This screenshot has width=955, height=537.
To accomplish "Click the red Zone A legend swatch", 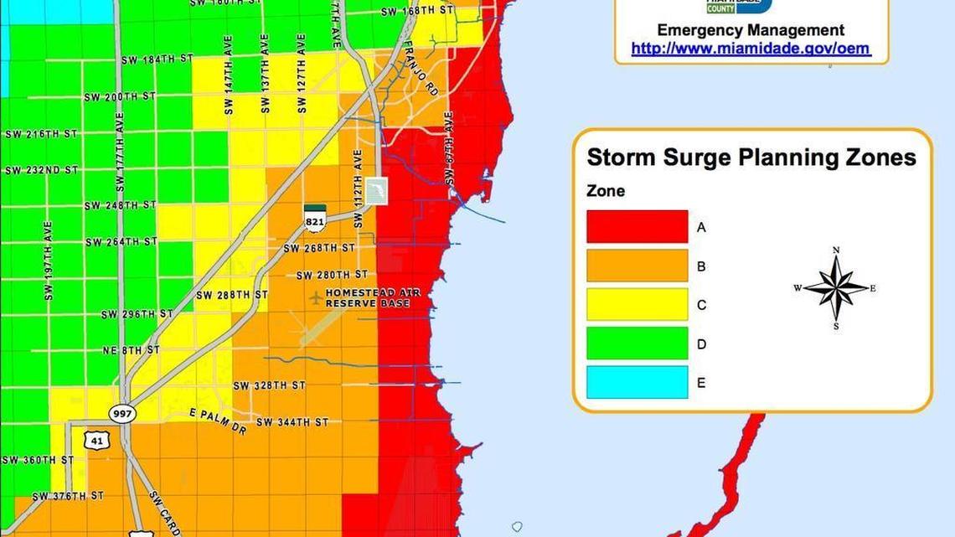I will [x=637, y=227].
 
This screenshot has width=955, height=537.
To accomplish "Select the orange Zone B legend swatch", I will [x=637, y=266].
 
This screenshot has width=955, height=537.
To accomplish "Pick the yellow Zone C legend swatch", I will [x=637, y=305].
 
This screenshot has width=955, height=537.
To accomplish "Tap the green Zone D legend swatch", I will [x=637, y=343].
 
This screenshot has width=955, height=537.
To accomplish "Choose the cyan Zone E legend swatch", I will [x=637, y=382].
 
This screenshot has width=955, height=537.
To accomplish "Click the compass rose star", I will [x=835, y=288].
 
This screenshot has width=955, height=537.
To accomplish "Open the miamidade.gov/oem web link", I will [x=751, y=49].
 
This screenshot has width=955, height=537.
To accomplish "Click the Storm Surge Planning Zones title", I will [x=751, y=157].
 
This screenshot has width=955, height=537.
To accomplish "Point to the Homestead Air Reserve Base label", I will [x=373, y=297].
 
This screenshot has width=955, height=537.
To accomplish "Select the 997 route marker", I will [x=121, y=413].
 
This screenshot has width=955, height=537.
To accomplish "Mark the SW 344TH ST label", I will [x=292, y=422].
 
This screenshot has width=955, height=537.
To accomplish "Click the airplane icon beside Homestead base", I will [x=315, y=297].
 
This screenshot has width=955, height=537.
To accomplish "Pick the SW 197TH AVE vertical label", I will [x=48, y=261].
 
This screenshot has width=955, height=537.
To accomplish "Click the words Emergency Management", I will [x=751, y=30].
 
